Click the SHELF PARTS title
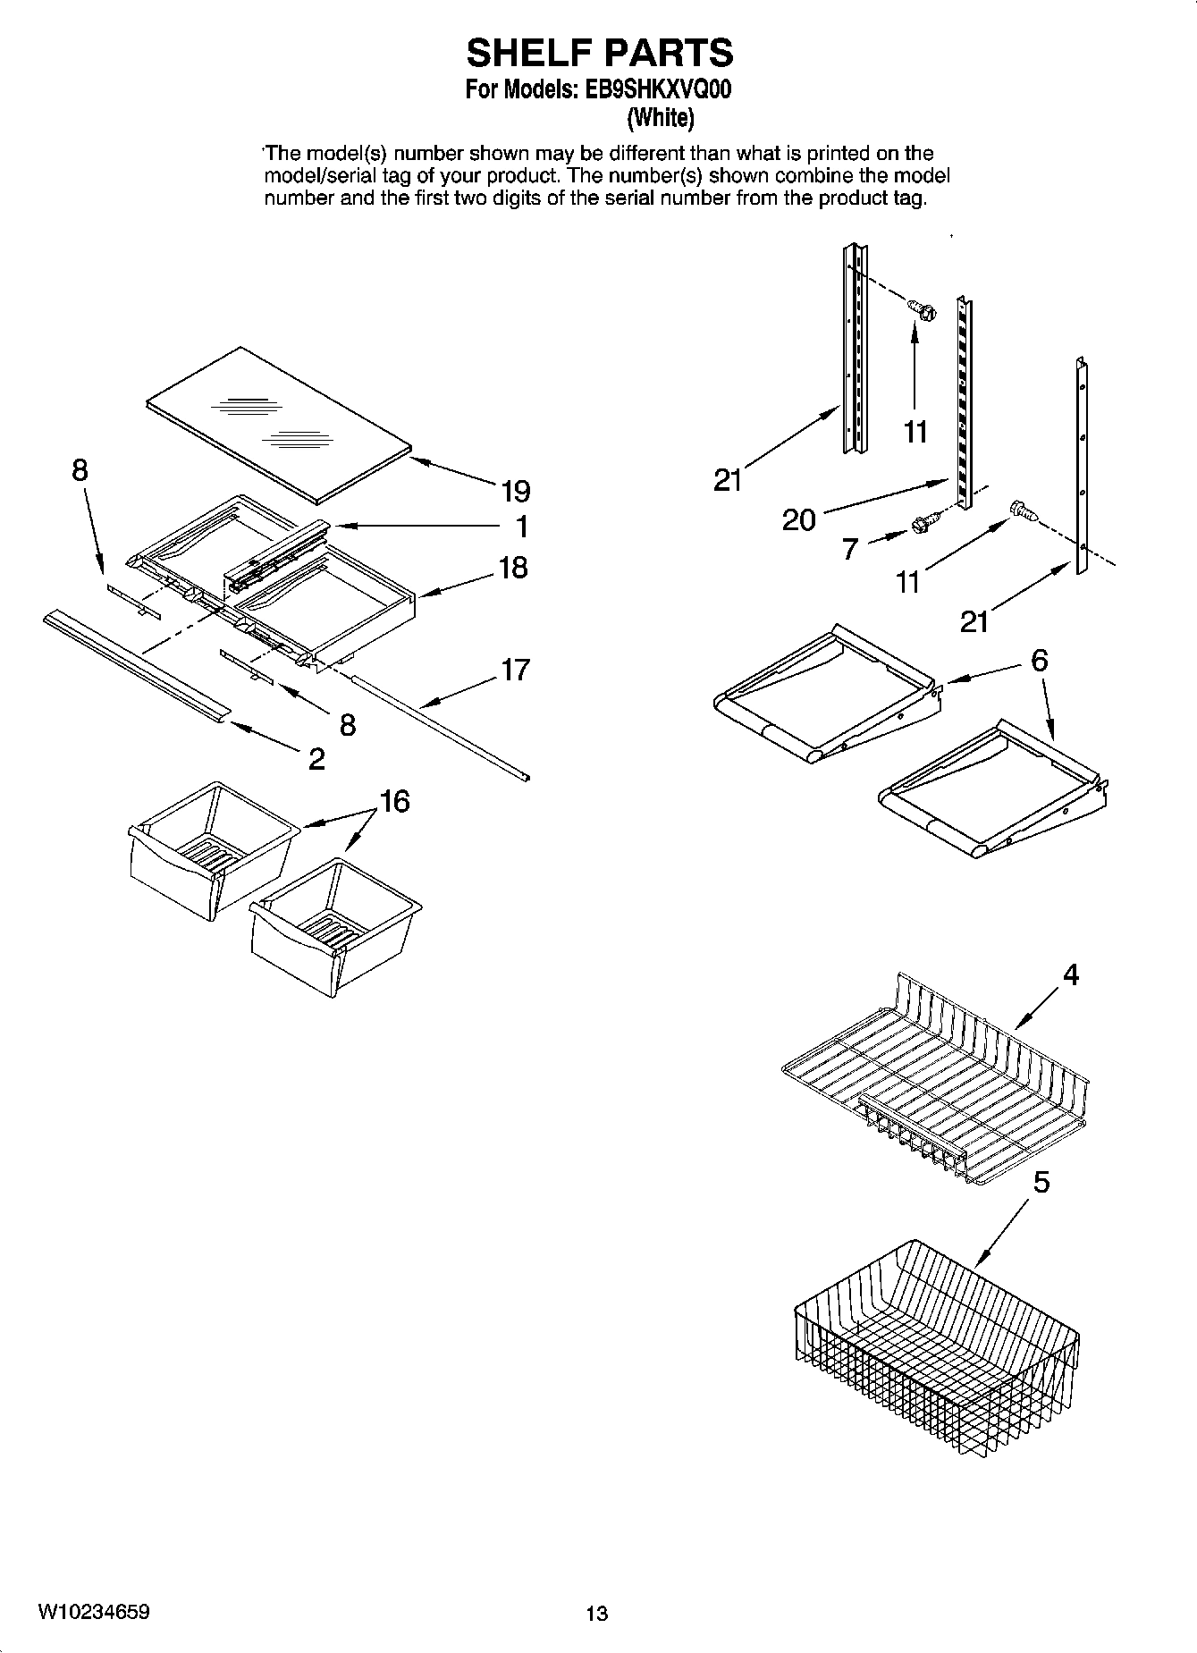(x=599, y=53)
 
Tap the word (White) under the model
(x=660, y=117)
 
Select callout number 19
(x=515, y=491)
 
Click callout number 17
(x=515, y=670)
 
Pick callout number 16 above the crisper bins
(x=395, y=801)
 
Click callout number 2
(x=316, y=759)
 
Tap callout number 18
(x=513, y=568)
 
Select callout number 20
(x=798, y=519)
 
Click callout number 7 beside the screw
(x=851, y=548)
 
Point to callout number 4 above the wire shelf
(x=1070, y=974)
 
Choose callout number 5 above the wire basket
(x=1041, y=1183)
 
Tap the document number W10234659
(x=93, y=1612)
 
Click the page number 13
(x=596, y=1613)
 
